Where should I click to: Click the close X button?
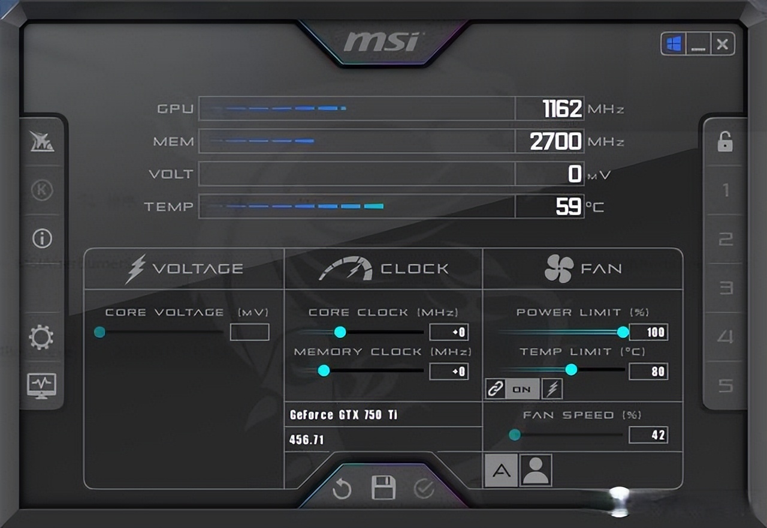pyautogui.click(x=723, y=44)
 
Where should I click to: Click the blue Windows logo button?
pyautogui.click(x=674, y=44)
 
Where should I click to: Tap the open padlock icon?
pyautogui.click(x=725, y=141)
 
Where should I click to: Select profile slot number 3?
pyautogui.click(x=726, y=288)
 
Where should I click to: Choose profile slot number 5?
pyautogui.click(x=726, y=386)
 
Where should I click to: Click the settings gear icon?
pyautogui.click(x=41, y=337)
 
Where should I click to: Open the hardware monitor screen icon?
pyautogui.click(x=41, y=386)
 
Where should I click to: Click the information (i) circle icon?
pyautogui.click(x=42, y=238)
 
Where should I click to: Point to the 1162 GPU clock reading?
pyautogui.click(x=562, y=109)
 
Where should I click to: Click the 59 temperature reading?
pyautogui.click(x=569, y=206)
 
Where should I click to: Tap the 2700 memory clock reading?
pyautogui.click(x=555, y=141)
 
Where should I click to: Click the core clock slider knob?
pyautogui.click(x=340, y=332)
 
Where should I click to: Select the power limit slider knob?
pyautogui.click(x=623, y=332)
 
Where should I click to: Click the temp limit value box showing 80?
pyautogui.click(x=648, y=371)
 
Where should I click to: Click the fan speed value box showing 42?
pyautogui.click(x=648, y=435)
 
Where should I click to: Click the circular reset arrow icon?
pyautogui.click(x=342, y=488)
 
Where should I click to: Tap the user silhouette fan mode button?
pyautogui.click(x=536, y=470)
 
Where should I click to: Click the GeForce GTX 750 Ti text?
pyautogui.click(x=343, y=415)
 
